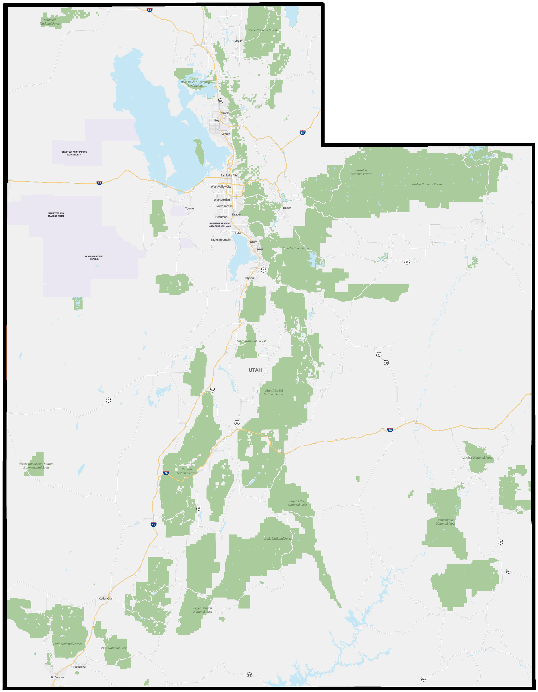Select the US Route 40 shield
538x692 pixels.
pyautogui.click(x=407, y=262)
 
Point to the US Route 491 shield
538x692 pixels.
pyautogui.click(x=509, y=571)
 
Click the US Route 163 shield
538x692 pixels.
pyautogui.click(x=424, y=679)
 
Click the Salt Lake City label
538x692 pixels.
pyautogui.click(x=229, y=175)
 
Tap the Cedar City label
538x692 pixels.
pyautogui.click(x=105, y=599)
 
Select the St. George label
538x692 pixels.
pyautogui.click(x=57, y=677)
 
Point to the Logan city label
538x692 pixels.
pyautogui.click(x=238, y=40)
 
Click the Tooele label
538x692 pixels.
pyautogui.click(x=189, y=208)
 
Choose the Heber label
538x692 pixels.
pyautogui.click(x=287, y=208)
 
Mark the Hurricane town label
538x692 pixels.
pyautogui.click(x=79, y=667)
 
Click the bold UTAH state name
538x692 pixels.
pyautogui.click(x=255, y=370)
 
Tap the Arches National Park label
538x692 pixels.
pyautogui.click(x=477, y=457)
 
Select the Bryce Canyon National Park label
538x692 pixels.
pyautogui.click(x=202, y=610)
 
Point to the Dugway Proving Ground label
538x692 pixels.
pyautogui.click(x=94, y=258)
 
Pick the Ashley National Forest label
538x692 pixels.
pyautogui.click(x=427, y=184)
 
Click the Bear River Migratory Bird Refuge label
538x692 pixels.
pyautogui.click(x=195, y=84)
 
